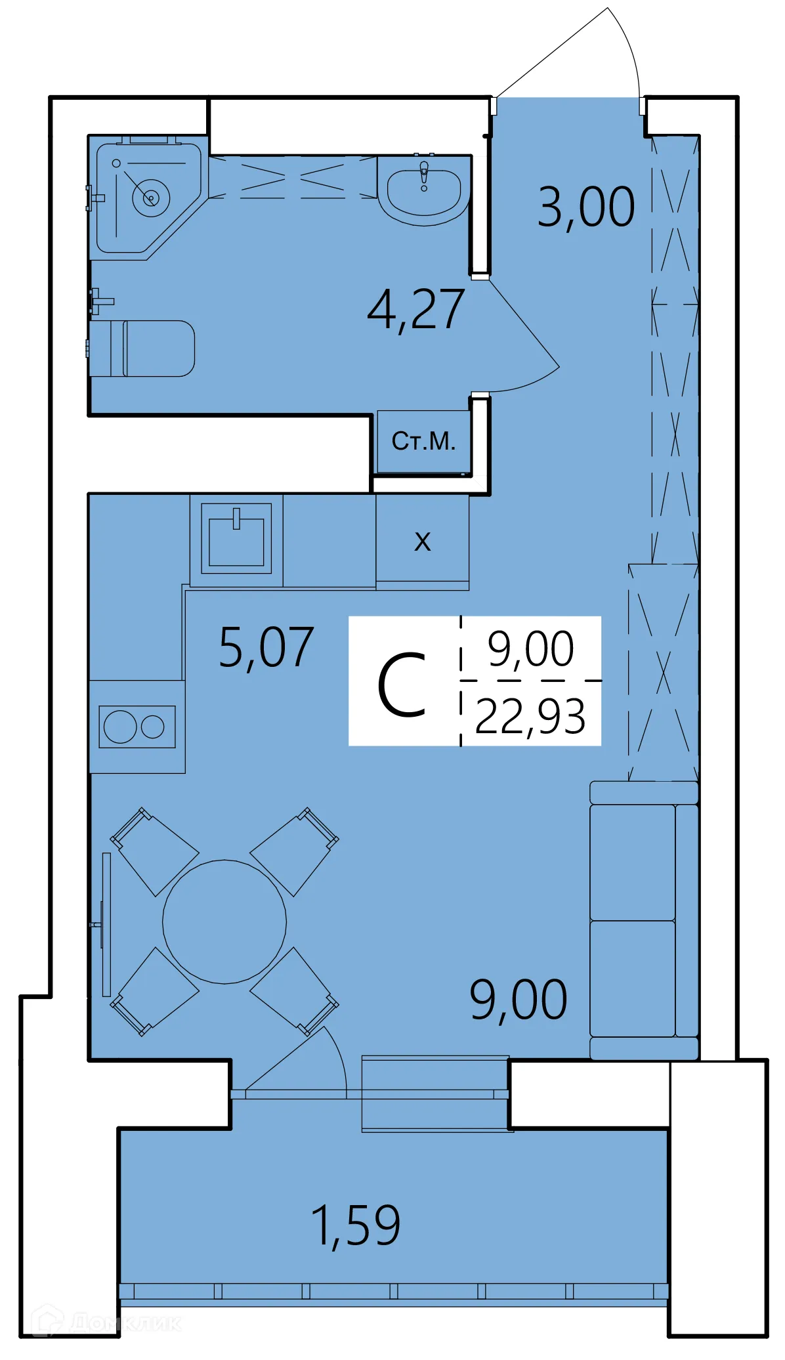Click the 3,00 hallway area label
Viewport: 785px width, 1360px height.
[x=586, y=207]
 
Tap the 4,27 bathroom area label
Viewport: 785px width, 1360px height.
[x=416, y=310]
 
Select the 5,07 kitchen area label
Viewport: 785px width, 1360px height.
[x=266, y=648]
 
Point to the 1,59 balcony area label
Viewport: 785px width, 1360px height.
[x=355, y=1226]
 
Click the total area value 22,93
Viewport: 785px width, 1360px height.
[x=530, y=717]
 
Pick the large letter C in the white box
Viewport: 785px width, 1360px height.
[x=402, y=685]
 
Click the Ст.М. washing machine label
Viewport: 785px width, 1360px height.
[x=423, y=441]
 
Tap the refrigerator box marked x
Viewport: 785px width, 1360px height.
[x=423, y=541]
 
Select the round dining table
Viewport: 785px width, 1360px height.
[x=224, y=922]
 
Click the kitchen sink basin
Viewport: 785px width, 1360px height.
[x=236, y=542]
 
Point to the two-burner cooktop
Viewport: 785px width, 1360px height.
[x=137, y=727]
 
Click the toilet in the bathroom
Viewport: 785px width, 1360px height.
[x=154, y=349]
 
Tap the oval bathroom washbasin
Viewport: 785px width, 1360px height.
[x=424, y=192]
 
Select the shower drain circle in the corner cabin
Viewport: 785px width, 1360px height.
[x=151, y=197]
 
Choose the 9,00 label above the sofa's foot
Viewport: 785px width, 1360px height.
[x=519, y=1000]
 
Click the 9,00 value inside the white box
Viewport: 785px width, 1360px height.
[x=530, y=648]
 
